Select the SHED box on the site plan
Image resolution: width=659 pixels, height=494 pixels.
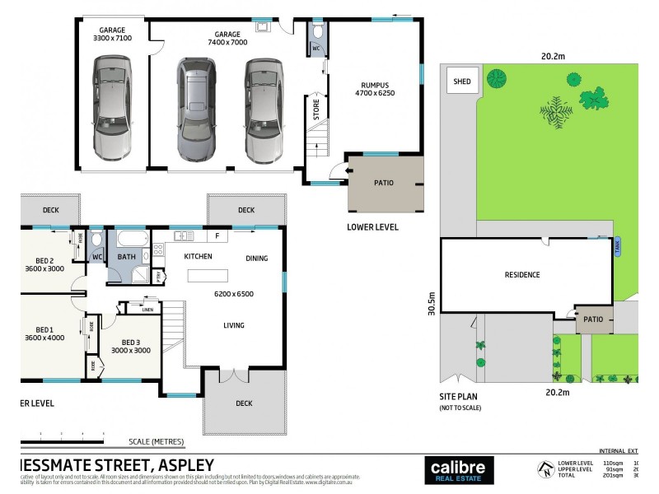pos(462,82)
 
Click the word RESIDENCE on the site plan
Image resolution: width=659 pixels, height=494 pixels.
pos(522,275)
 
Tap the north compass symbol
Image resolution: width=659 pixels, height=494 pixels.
pos(543,469)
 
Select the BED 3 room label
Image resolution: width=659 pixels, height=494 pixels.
pos(135,342)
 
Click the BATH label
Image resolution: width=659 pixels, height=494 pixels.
pos(126,257)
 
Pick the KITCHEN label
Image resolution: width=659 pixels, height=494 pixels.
pos(197,257)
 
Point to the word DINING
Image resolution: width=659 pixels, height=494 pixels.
pos(256,259)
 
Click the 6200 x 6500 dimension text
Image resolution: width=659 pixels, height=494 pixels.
pos(234,294)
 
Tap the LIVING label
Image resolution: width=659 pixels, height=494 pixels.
pos(234,325)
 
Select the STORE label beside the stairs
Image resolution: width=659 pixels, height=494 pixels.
pos(316,110)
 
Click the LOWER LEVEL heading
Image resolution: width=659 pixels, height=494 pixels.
pos(372,227)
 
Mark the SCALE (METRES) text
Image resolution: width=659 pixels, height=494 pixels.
pos(156,442)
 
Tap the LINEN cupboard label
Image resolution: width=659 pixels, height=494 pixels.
pos(147,310)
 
